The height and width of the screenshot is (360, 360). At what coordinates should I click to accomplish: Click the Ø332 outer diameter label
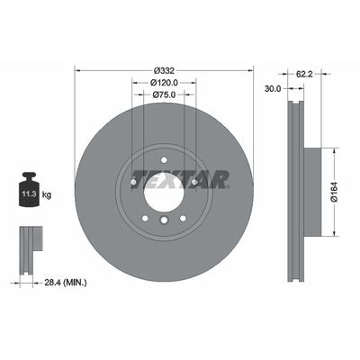tap(164, 70)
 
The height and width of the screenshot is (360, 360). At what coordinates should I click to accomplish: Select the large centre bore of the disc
tap(164, 190)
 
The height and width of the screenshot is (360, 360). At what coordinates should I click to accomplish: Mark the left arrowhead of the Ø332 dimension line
tap(78, 70)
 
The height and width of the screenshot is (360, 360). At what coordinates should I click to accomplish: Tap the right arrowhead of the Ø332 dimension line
tap(251, 70)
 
